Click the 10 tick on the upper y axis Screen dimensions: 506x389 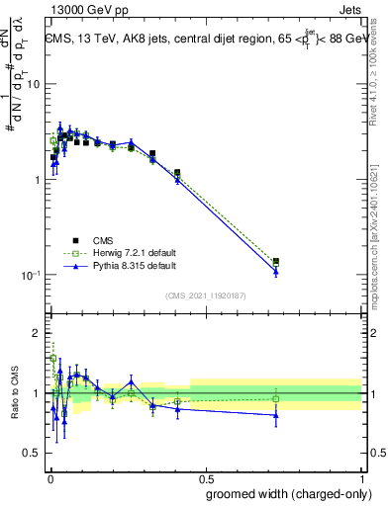point(33,84)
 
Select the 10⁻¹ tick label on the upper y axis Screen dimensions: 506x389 point(31,276)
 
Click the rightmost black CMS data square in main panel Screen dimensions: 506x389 point(275,261)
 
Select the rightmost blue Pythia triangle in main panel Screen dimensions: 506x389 point(275,272)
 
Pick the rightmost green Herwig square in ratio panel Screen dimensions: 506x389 point(275,399)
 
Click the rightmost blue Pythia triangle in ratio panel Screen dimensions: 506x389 point(275,415)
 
